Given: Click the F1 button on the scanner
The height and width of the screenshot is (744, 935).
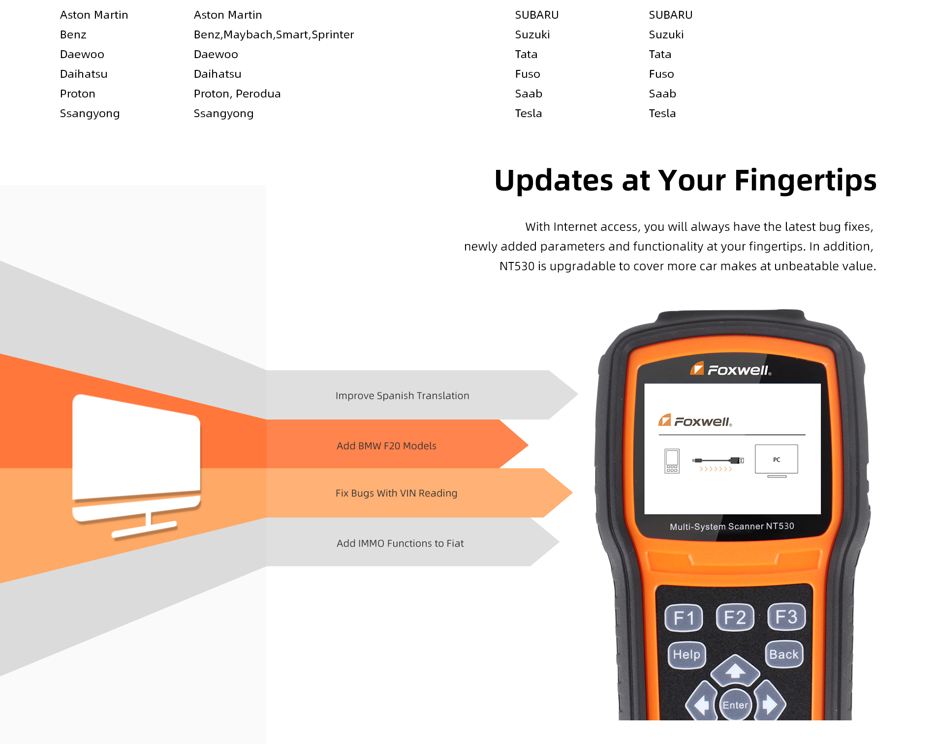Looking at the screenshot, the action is pos(684,617).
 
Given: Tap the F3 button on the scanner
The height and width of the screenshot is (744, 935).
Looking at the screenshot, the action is pos(786,616).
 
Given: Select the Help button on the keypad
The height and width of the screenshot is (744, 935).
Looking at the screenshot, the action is pos(686,654).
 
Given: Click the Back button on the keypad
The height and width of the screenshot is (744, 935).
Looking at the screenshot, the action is pos(784,654).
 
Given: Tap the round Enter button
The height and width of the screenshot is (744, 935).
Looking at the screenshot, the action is pos(735,705).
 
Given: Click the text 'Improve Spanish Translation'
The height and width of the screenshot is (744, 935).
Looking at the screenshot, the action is pos(403,396).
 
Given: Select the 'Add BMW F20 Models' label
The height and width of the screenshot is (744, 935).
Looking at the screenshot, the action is pos(386,446).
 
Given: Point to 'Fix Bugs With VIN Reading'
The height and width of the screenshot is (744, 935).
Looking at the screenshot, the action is pos(397,493).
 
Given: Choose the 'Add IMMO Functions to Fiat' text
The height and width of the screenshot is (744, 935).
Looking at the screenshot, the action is pos(400,544).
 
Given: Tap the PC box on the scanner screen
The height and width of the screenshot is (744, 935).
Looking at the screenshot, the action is pos(777,460).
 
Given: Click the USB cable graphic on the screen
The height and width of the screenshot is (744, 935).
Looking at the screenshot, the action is pos(718,460).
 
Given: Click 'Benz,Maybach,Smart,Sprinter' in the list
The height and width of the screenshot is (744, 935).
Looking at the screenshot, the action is pos(274,35).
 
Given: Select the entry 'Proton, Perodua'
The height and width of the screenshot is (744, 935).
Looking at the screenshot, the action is pos(237,94).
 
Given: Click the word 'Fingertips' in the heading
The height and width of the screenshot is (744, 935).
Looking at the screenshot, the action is pos(806,181).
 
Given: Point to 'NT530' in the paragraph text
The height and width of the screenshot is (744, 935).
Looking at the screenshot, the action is pos(517,266).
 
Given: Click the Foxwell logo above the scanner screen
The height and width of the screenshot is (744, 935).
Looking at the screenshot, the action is pos(731,369).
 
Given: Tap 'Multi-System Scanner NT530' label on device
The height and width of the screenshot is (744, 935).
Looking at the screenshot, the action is pos(732,526).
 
